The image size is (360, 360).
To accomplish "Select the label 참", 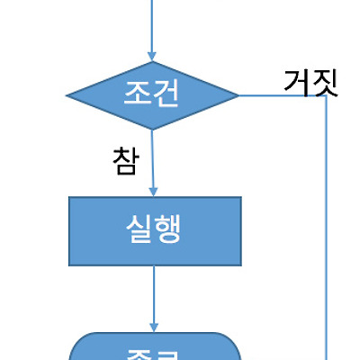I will [x=125, y=159].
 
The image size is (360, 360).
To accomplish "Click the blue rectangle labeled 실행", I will [x=155, y=230].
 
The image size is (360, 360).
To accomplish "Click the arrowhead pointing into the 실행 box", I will [x=154, y=190].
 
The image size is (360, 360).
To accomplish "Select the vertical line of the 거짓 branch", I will [x=325, y=225].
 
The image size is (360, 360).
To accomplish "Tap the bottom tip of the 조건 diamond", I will [x=153, y=129].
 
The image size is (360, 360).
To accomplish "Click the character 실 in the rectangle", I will [x=139, y=230].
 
